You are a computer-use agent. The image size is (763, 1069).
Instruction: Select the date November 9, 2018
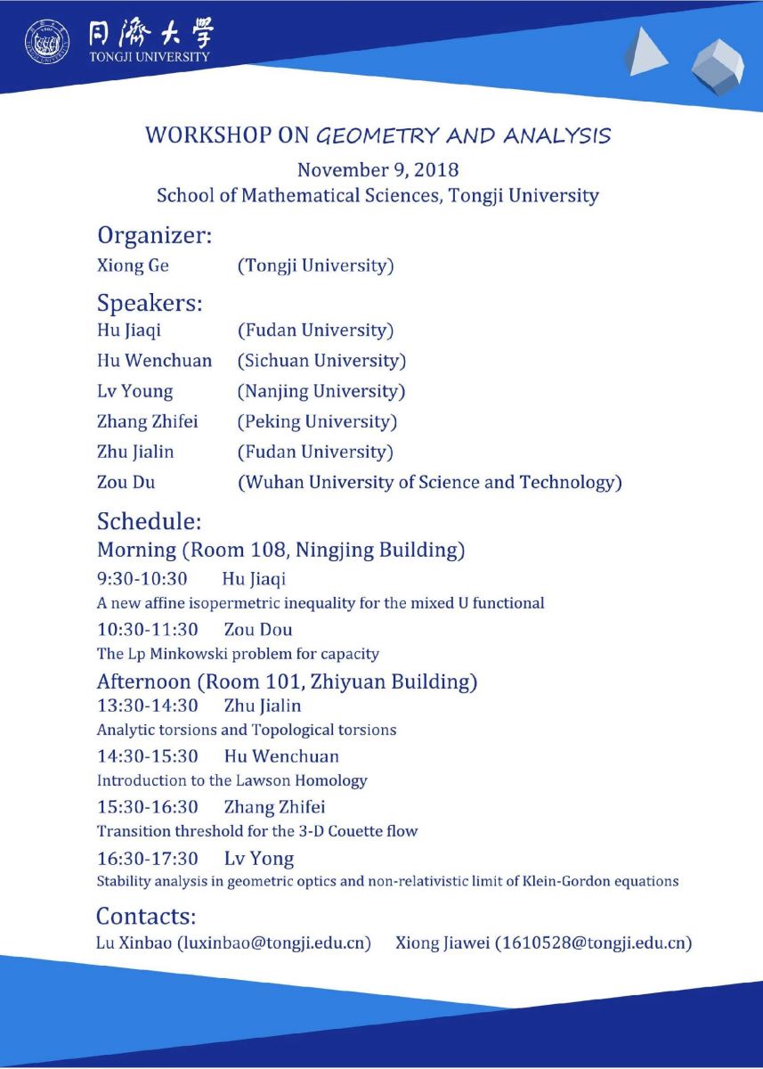(x=377, y=169)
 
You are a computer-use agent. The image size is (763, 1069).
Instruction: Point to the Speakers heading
(x=150, y=303)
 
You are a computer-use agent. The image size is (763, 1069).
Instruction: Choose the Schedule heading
(x=150, y=520)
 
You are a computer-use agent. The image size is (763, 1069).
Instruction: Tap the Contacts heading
(x=145, y=916)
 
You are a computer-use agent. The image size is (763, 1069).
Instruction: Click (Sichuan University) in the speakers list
(x=321, y=361)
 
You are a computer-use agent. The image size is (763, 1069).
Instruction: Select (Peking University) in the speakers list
(x=317, y=421)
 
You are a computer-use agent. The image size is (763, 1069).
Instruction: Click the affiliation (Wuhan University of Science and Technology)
(x=429, y=483)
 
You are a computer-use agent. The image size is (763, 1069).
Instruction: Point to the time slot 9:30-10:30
(x=142, y=579)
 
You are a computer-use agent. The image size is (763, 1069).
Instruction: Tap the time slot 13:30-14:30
(x=148, y=706)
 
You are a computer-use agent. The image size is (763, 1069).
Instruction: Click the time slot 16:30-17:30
(x=148, y=859)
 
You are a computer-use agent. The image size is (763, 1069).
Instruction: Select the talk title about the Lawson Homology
(x=231, y=780)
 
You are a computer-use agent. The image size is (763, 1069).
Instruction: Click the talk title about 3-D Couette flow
(x=256, y=831)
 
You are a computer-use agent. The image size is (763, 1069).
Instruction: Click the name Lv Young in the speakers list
(x=135, y=391)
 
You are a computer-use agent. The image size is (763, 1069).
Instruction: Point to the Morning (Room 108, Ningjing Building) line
(x=280, y=550)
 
